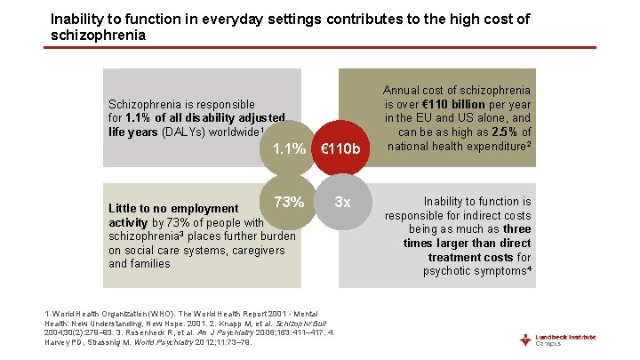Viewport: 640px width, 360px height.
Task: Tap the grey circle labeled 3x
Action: click(342, 202)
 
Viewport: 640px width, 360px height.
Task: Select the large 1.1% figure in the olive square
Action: click(290, 148)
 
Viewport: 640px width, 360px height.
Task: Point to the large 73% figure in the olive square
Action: click(290, 202)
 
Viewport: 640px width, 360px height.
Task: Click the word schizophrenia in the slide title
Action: click(98, 35)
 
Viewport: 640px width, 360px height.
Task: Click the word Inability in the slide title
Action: click(76, 18)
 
